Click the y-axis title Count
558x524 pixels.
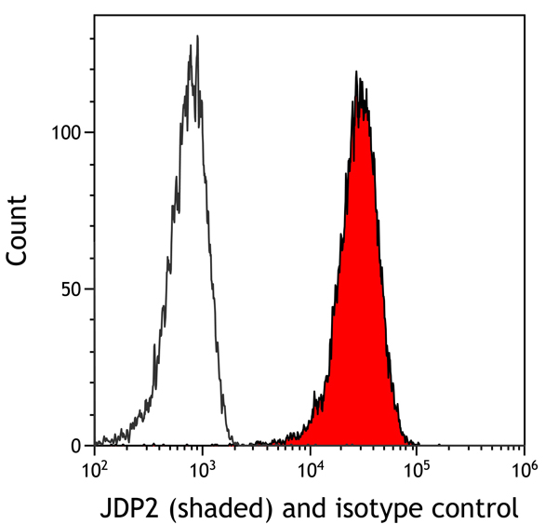pyautogui.click(x=18, y=231)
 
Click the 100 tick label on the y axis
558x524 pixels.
pyautogui.click(x=67, y=132)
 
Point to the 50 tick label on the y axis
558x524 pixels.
pyautogui.click(x=73, y=289)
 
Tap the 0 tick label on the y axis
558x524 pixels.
pyautogui.click(x=78, y=446)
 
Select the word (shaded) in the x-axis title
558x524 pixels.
pyautogui.click(x=208, y=509)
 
